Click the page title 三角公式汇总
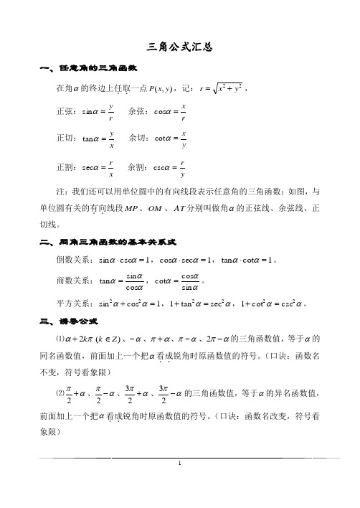coord(180,47)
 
